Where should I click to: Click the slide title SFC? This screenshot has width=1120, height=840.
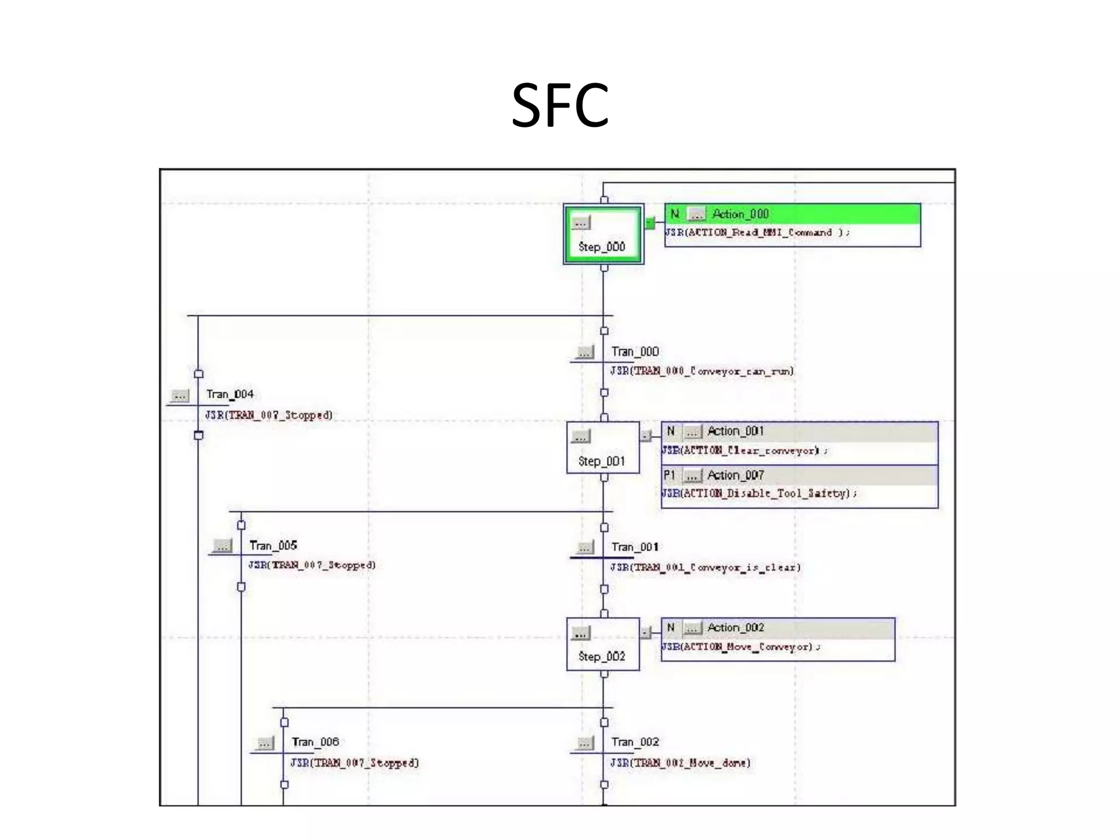(x=559, y=106)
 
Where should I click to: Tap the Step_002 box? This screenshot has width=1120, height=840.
(x=603, y=644)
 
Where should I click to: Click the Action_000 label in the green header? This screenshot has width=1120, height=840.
(x=740, y=214)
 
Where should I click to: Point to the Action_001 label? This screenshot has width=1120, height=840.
(x=735, y=431)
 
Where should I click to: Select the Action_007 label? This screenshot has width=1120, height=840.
(x=735, y=475)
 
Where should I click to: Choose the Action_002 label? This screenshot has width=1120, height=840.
(x=735, y=628)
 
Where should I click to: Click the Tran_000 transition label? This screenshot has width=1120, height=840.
(x=635, y=352)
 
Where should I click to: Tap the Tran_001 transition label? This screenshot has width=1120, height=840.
(x=635, y=547)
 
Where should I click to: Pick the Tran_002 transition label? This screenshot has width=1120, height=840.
(x=635, y=742)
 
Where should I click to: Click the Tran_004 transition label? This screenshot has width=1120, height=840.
(x=230, y=394)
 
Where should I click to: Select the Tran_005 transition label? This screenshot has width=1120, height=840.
(x=273, y=546)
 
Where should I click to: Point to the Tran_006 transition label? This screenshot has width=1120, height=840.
(x=315, y=742)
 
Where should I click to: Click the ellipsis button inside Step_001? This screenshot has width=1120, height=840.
(x=581, y=436)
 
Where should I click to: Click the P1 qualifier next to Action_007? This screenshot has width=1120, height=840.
(x=669, y=475)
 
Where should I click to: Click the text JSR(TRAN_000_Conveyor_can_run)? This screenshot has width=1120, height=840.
(x=702, y=371)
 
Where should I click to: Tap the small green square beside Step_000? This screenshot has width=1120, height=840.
(x=650, y=223)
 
